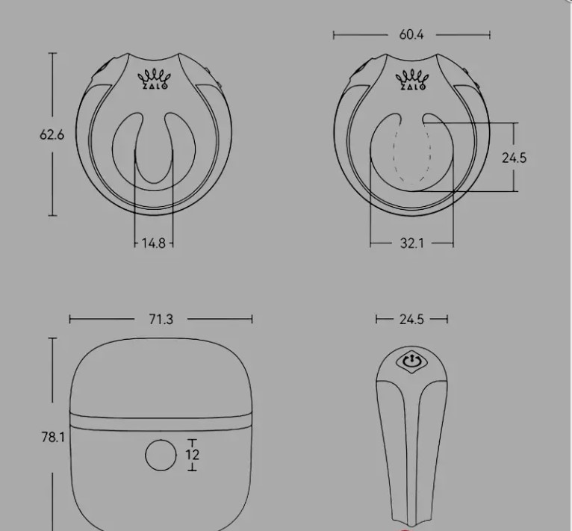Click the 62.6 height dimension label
[x=52, y=134]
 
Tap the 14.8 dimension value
[x=154, y=243]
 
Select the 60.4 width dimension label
[x=411, y=34]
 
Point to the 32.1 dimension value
[x=412, y=243]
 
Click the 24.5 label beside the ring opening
[x=515, y=158]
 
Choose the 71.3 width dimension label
[x=161, y=320]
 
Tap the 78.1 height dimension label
[x=53, y=437]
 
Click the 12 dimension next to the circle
[x=192, y=455]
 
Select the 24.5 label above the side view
[x=411, y=320]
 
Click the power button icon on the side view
[x=412, y=361]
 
